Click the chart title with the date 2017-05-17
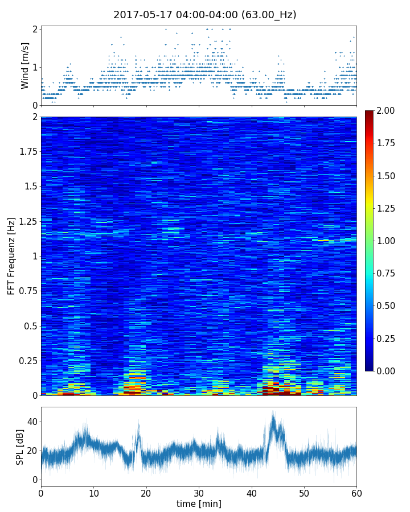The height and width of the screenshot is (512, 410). pos(204,15)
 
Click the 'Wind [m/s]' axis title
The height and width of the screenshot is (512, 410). pos(25,65)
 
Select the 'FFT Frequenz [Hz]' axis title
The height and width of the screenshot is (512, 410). pos(11,256)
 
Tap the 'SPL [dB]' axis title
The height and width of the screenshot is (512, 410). pos(20,447)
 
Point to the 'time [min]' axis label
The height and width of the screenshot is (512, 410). pos(199,503)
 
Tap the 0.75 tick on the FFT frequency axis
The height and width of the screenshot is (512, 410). pos(27,291)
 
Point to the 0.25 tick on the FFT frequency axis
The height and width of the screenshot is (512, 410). pos(27,361)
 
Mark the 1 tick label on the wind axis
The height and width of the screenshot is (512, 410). pos(35,67)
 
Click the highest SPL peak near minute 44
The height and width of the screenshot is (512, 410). pos(273,412)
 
